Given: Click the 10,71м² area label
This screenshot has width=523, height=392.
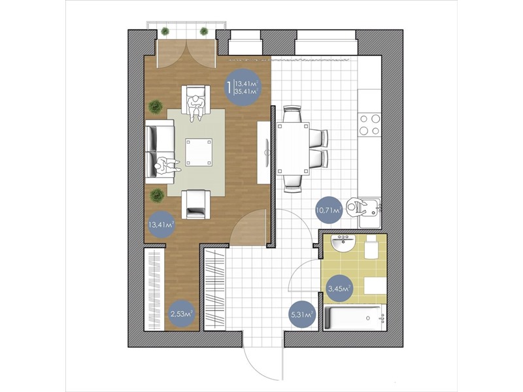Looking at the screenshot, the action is tap(328, 210).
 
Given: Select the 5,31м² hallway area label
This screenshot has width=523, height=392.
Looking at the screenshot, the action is tap(302, 315).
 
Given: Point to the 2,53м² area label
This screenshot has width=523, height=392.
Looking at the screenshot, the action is tap(182, 314).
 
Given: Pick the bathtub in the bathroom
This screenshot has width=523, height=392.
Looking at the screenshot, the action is tap(355, 318).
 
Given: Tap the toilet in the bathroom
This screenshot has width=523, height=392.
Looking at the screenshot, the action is tap(371, 248).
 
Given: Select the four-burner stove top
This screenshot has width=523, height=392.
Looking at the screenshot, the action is tap(369, 124).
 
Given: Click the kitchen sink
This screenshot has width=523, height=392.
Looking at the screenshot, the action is tap(369, 212).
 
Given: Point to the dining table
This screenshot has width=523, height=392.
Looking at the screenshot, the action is tap(293, 149).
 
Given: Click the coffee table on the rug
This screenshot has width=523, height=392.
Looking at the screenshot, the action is tap(199, 152).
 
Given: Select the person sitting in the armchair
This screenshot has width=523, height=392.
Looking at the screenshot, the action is tap(195, 108).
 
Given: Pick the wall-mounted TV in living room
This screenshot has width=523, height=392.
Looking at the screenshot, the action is tap(267, 152).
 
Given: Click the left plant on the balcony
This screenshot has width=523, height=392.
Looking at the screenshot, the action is tap(165, 31).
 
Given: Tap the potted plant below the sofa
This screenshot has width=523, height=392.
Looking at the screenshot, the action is tap(156, 195).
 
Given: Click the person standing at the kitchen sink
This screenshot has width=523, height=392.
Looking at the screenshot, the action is tap(355, 208).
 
